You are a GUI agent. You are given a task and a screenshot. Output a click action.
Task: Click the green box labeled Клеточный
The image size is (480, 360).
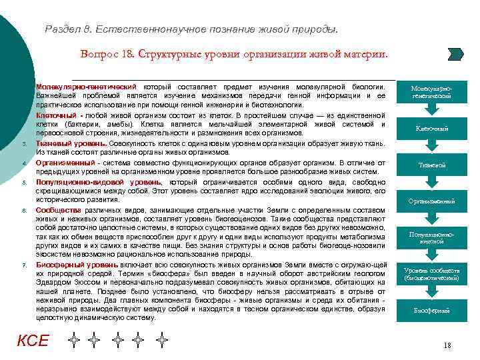pos(431,128)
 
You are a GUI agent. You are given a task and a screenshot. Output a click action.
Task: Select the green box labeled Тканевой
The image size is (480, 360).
pos(431,165)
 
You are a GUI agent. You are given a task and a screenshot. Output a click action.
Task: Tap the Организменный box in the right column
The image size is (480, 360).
pos(431,201)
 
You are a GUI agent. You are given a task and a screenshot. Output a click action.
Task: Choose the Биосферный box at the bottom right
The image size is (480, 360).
pos(431,310)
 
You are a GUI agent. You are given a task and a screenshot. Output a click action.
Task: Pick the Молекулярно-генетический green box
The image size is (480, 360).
pos(431,92)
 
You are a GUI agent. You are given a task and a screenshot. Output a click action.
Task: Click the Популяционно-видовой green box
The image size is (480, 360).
pos(431,237)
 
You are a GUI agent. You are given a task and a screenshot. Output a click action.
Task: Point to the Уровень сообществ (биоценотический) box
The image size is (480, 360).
pos(431,273)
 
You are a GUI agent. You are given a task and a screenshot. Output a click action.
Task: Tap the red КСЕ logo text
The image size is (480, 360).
pos(33,341)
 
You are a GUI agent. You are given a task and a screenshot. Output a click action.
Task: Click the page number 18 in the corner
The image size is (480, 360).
pos(447,346)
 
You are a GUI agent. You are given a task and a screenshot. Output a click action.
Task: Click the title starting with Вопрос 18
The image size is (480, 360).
pos(233,53)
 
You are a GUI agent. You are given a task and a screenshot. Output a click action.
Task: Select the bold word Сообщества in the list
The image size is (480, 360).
pos(59,211)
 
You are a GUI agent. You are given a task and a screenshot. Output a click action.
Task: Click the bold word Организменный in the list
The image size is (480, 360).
pos(65,162)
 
